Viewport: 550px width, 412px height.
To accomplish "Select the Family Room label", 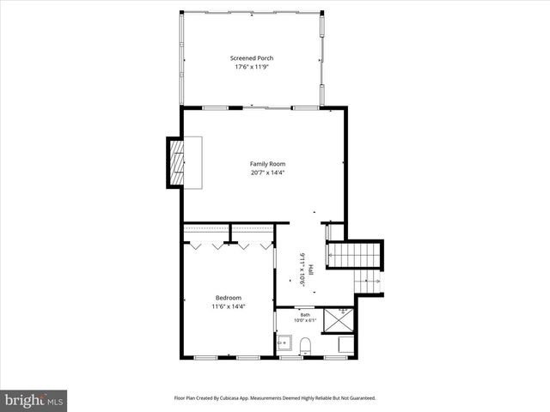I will click(x=267, y=164).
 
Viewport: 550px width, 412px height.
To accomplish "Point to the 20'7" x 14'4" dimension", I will click(x=267, y=173).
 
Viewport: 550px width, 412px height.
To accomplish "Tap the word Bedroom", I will click(x=229, y=298).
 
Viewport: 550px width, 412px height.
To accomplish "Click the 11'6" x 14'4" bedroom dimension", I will click(x=229, y=306).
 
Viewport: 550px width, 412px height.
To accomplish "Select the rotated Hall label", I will click(x=310, y=270).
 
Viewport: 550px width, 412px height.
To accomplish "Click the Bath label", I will click(x=305, y=314).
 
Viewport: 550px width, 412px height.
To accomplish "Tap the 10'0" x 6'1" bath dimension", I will click(x=305, y=321).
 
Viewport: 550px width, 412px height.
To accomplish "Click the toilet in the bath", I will click(x=305, y=346).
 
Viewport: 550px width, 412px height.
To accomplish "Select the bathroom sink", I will click(x=284, y=343).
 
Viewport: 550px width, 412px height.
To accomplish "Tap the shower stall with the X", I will click(x=343, y=318).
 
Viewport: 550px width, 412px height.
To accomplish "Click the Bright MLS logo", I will click(x=34, y=400).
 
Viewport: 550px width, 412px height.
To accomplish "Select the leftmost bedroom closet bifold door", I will click(x=195, y=245).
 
